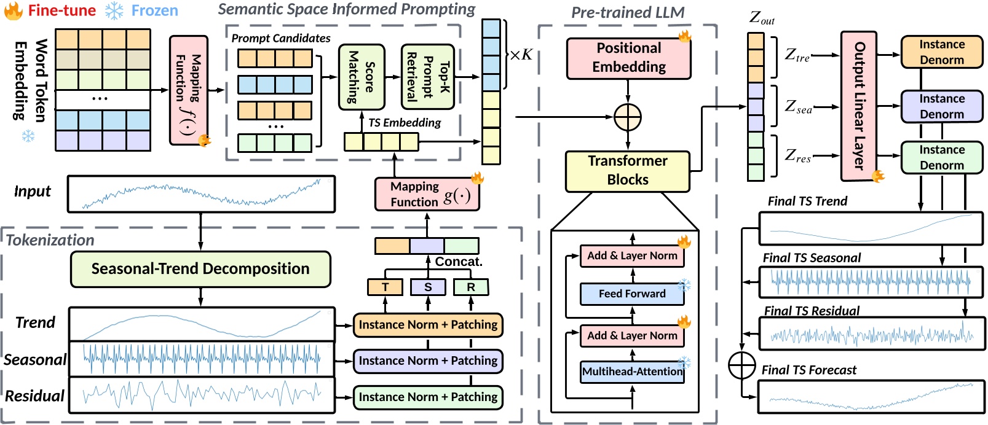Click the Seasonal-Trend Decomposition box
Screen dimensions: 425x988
pos(200,269)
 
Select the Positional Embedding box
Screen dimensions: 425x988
pos(628,58)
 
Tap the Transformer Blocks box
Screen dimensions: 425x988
pos(627,171)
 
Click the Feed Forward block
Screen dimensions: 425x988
pos(632,294)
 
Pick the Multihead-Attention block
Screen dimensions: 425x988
pos(632,372)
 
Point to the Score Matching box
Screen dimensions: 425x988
pos(362,77)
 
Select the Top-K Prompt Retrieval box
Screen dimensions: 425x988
pos(428,77)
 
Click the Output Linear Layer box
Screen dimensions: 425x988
pos(858,106)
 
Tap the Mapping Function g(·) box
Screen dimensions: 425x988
pos(427,194)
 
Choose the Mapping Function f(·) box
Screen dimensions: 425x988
pos(188,90)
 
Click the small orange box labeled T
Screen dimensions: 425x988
pos(385,287)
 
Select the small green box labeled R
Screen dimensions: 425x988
pos(471,287)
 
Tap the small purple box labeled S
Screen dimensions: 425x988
pos(428,287)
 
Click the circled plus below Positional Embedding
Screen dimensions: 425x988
pos(628,117)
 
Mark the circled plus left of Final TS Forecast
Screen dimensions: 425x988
pos(742,365)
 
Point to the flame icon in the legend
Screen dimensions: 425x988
pos(14,10)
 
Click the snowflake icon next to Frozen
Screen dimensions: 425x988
pos(114,10)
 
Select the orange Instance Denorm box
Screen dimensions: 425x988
pos(941,52)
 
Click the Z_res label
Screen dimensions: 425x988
pos(798,156)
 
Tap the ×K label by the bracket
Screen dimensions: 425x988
pos(521,55)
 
